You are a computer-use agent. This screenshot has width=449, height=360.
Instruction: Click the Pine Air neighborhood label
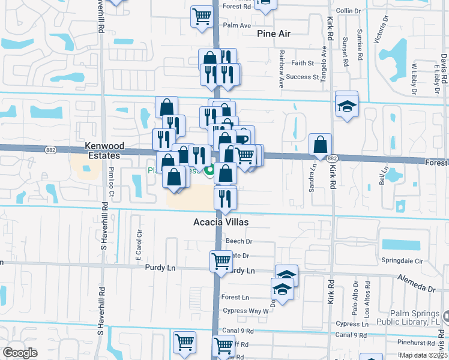[274, 34]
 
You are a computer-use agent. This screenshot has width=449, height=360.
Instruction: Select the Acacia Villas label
[220, 222]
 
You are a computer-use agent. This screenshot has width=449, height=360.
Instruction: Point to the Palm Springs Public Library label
[411, 317]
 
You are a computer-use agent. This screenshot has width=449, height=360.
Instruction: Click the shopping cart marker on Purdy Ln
[221, 262]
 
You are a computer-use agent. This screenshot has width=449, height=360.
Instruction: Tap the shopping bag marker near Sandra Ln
[321, 145]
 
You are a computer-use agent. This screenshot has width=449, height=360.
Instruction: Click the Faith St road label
[303, 63]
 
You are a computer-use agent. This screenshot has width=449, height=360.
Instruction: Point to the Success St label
[303, 77]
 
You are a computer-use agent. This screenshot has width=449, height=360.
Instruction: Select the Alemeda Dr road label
[416, 284]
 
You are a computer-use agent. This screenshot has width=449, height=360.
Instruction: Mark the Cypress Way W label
[246, 311]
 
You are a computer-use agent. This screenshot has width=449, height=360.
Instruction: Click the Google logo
[20, 353]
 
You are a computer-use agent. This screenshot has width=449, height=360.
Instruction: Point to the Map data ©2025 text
[423, 355]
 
